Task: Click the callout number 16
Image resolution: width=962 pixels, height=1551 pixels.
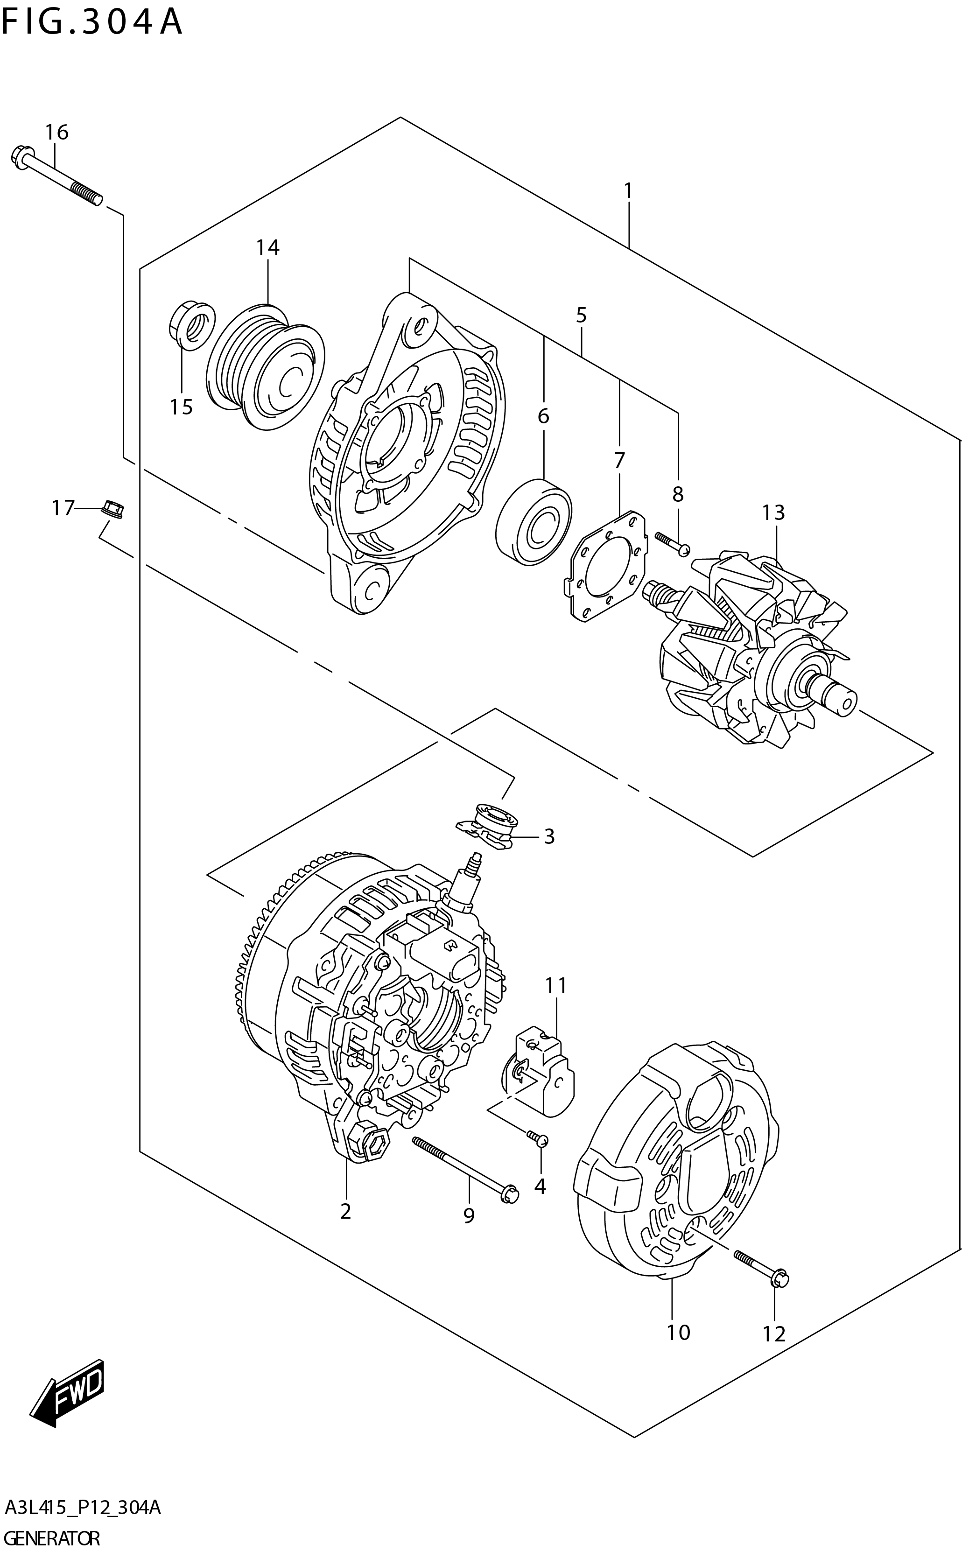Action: [x=56, y=133]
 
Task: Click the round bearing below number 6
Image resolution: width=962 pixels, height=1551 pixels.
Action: [x=533, y=522]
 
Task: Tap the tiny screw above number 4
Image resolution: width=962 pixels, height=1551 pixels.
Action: [x=538, y=1138]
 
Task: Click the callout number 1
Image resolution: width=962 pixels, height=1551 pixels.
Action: [x=628, y=190]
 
